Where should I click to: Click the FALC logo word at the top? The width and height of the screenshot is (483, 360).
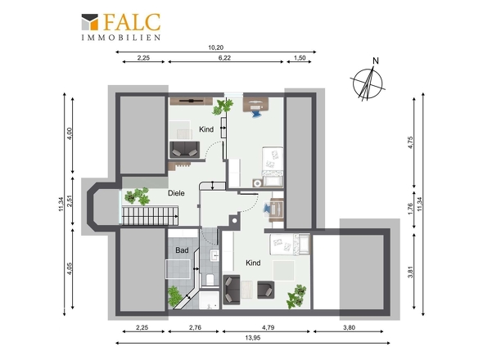click(133, 22)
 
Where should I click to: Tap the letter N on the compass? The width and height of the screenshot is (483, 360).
click(376, 61)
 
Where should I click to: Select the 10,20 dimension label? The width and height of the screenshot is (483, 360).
click(215, 47)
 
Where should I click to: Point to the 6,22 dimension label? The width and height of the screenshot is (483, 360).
click(224, 57)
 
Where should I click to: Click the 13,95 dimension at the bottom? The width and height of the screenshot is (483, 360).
click(253, 338)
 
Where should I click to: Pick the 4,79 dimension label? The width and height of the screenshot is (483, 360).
click(268, 327)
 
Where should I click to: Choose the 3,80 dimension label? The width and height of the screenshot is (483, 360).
click(349, 327)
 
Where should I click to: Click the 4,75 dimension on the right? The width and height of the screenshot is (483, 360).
click(410, 142)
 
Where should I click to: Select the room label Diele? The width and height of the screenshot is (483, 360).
click(176, 193)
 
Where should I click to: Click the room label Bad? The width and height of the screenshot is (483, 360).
click(182, 250)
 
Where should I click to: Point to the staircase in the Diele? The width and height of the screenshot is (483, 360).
click(151, 216)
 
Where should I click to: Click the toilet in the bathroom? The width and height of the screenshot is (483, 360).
click(210, 280)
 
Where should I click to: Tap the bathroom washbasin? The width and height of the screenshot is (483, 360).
click(214, 255)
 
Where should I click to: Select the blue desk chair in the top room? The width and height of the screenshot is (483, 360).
click(255, 113)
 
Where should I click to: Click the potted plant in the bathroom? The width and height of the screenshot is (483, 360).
click(174, 296)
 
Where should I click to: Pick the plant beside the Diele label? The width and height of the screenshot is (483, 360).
click(138, 196)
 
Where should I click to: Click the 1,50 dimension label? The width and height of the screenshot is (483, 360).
click(300, 57)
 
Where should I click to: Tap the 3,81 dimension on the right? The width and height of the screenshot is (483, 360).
click(410, 272)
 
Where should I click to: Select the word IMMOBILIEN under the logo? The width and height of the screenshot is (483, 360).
click(121, 38)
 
